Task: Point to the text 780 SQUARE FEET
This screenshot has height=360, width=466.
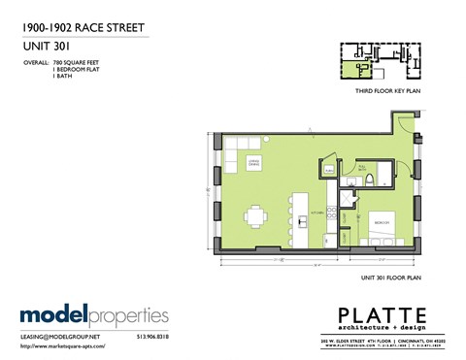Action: (80, 62)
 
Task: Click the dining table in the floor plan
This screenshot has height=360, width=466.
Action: (254, 216)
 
